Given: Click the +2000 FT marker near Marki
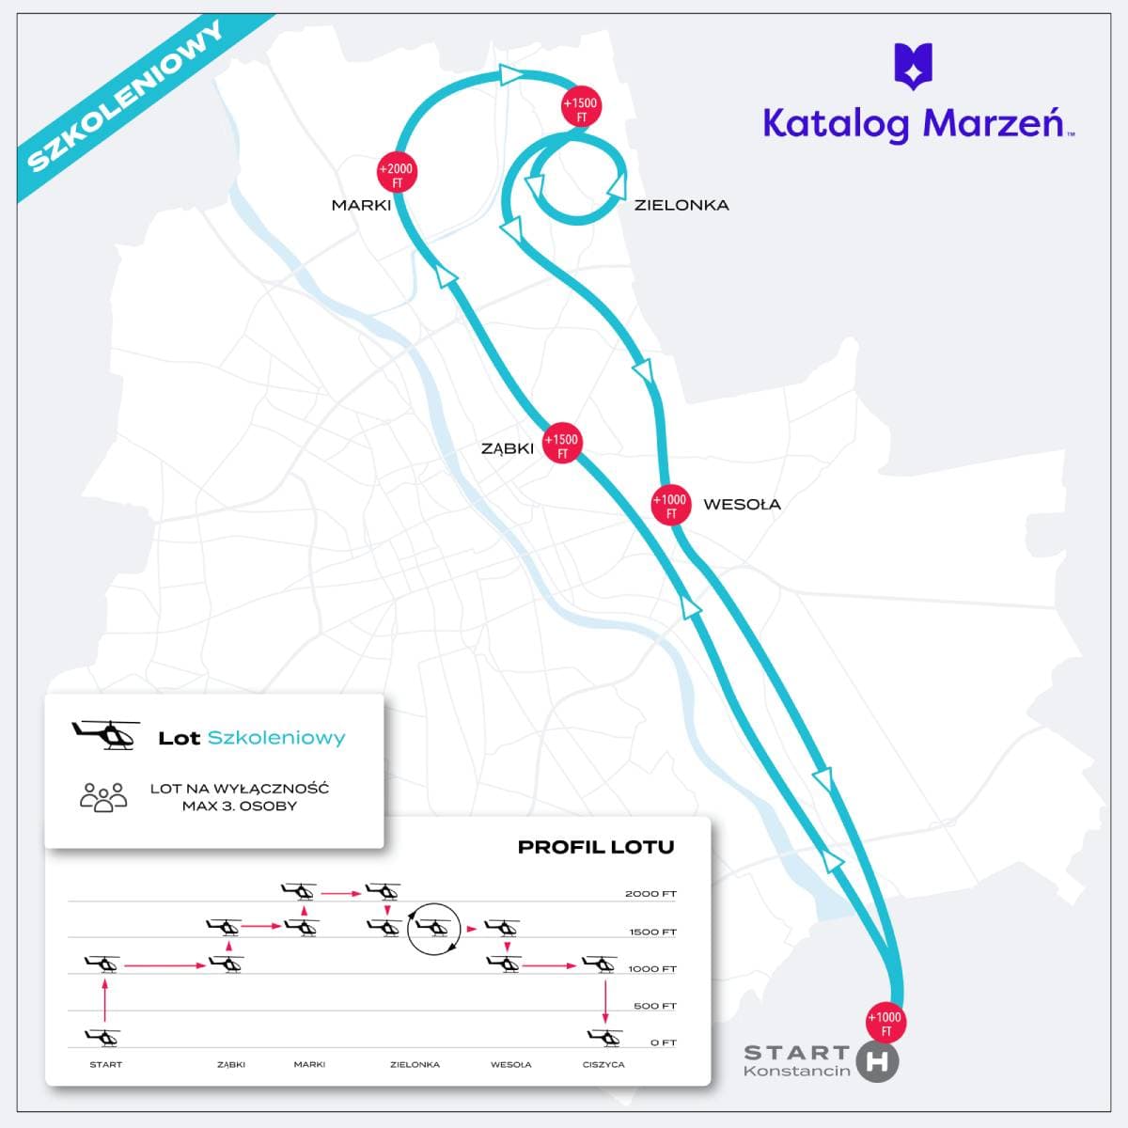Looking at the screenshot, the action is [x=397, y=172].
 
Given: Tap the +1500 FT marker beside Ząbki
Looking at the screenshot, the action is [x=562, y=443].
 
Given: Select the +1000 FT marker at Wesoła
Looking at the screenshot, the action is [x=671, y=504].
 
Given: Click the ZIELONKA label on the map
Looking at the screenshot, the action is [x=681, y=206].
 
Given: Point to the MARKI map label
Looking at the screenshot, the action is [x=361, y=206].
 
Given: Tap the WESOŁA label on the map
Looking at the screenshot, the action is [x=742, y=504].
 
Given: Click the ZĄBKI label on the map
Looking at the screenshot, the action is [x=508, y=449].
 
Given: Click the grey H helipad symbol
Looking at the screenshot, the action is [x=877, y=1061].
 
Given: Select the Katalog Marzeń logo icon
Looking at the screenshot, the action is [x=913, y=66].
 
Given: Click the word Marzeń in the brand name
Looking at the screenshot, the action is [x=994, y=123].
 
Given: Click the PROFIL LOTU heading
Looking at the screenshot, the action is [x=596, y=847].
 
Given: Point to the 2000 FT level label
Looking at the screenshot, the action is [x=650, y=894].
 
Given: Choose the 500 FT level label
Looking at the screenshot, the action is [x=654, y=1006].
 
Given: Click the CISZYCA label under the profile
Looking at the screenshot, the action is [x=603, y=1064].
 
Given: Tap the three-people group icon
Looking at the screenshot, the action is [x=103, y=797].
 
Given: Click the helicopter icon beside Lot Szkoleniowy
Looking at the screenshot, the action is [x=106, y=735].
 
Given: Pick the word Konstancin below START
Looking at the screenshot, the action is [x=797, y=1071].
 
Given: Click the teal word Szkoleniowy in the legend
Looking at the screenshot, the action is [x=276, y=738].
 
